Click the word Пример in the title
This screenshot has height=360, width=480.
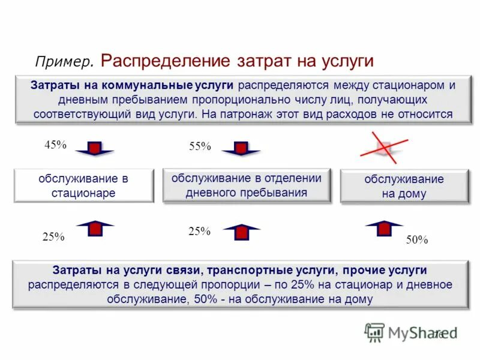64,62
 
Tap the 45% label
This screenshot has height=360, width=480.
55,145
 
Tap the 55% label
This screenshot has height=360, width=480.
200,146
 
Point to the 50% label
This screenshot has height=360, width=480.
416,240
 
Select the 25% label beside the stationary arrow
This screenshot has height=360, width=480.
53,236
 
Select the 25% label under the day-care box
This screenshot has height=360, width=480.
199,231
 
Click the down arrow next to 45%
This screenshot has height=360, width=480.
94,149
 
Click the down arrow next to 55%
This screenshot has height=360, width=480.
241,149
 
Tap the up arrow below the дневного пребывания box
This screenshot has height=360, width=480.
241,231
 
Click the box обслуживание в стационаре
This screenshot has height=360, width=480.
83,185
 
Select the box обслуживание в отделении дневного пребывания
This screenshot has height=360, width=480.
247,185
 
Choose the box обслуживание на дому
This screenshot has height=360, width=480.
404,186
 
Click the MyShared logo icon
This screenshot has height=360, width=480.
374,332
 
